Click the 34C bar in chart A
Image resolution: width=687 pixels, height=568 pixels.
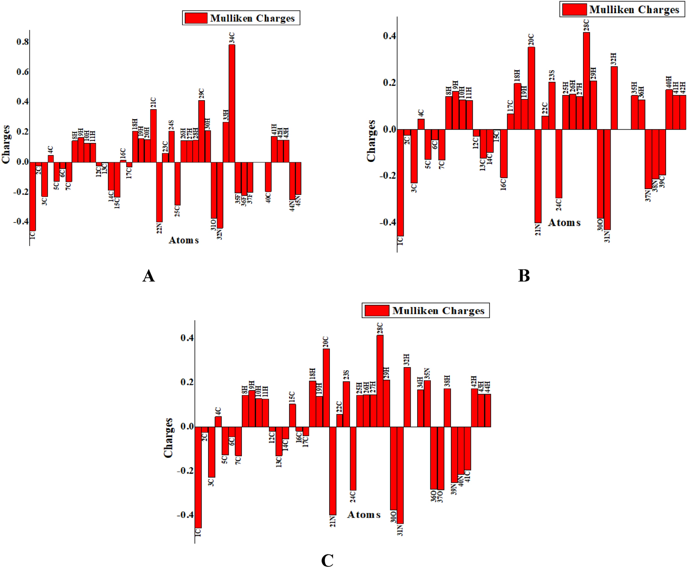(232, 103)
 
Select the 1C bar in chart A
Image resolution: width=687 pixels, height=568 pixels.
(33, 196)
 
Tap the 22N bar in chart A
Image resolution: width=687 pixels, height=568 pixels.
(159, 192)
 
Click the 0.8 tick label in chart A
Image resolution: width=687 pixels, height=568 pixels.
(23, 42)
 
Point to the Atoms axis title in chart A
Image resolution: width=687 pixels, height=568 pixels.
(184, 240)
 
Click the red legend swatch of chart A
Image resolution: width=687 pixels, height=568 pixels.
(196, 18)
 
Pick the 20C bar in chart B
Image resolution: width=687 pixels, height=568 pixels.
(531, 88)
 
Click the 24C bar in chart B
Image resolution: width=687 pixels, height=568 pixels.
(559, 163)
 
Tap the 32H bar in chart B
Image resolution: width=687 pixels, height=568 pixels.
(614, 98)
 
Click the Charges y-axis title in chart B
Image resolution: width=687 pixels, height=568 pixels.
(371, 141)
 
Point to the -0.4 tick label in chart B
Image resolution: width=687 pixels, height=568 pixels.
(387, 222)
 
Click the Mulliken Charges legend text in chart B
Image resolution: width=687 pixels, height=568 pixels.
(634, 10)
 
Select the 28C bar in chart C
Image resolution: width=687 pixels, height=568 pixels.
(380, 381)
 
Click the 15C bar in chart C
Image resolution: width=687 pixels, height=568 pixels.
(292, 415)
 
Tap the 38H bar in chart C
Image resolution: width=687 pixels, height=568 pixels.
(447, 408)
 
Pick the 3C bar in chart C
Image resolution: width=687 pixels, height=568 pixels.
(212, 452)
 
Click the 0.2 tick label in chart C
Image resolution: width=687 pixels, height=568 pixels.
(187, 382)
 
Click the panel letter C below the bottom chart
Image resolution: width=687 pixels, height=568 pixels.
(327, 560)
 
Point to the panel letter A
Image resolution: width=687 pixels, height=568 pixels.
(149, 276)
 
